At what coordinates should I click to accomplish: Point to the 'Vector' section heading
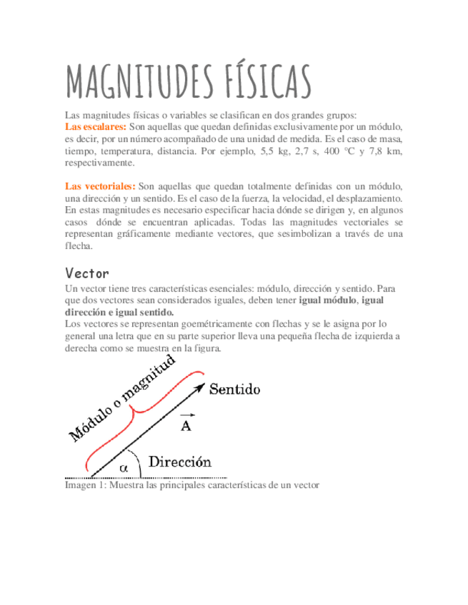pyautogui.click(x=86, y=273)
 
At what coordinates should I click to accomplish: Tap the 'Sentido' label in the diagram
pyautogui.click(x=234, y=390)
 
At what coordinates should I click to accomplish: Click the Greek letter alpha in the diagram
pyautogui.click(x=124, y=467)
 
